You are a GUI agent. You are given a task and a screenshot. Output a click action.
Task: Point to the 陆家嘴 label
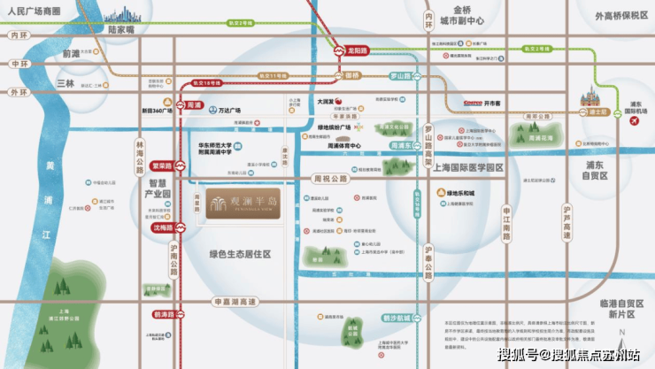pyautogui.click(x=120, y=29)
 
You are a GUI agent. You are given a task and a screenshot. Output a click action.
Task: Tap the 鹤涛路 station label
pyautogui.click(x=162, y=314)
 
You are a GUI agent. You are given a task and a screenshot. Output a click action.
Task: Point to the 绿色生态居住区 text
pyautogui.click(x=240, y=254)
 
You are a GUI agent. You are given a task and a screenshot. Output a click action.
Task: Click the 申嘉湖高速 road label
pyautogui.click(x=235, y=302)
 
